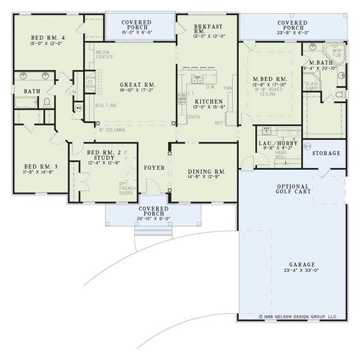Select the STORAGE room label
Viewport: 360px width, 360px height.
[326, 154]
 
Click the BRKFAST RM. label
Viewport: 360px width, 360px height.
[208, 31]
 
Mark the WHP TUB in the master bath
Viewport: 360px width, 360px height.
[337, 53]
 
